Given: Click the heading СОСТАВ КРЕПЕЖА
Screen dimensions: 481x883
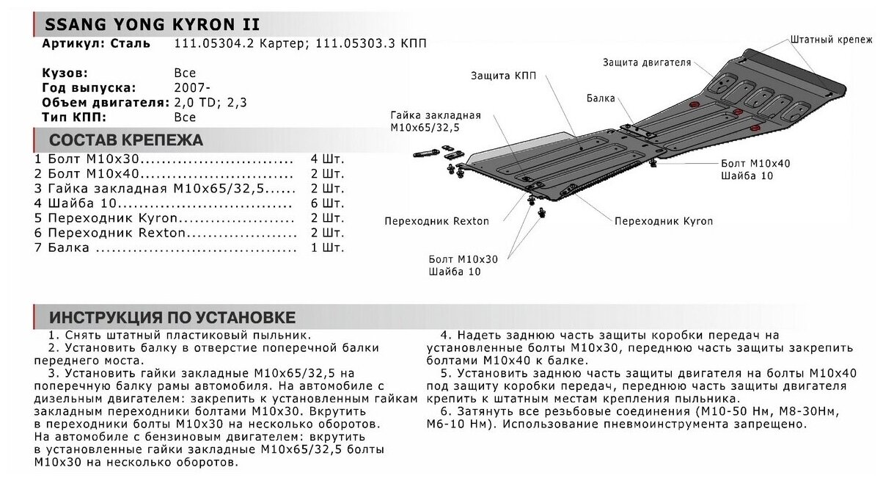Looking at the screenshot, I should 125,140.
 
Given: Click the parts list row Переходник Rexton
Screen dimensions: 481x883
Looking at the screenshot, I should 117,233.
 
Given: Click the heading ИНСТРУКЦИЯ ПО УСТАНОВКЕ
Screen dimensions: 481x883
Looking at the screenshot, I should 172,317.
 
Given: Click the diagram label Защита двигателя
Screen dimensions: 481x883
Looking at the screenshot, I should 647,62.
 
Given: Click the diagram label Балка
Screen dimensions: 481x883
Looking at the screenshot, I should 601,98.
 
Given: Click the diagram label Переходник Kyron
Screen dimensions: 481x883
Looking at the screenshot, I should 663,220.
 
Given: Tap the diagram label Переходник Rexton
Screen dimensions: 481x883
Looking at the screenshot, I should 436,220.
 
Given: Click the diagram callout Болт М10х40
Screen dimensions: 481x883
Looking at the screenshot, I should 755,163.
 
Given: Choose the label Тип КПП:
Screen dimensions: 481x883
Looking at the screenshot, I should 75,117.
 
